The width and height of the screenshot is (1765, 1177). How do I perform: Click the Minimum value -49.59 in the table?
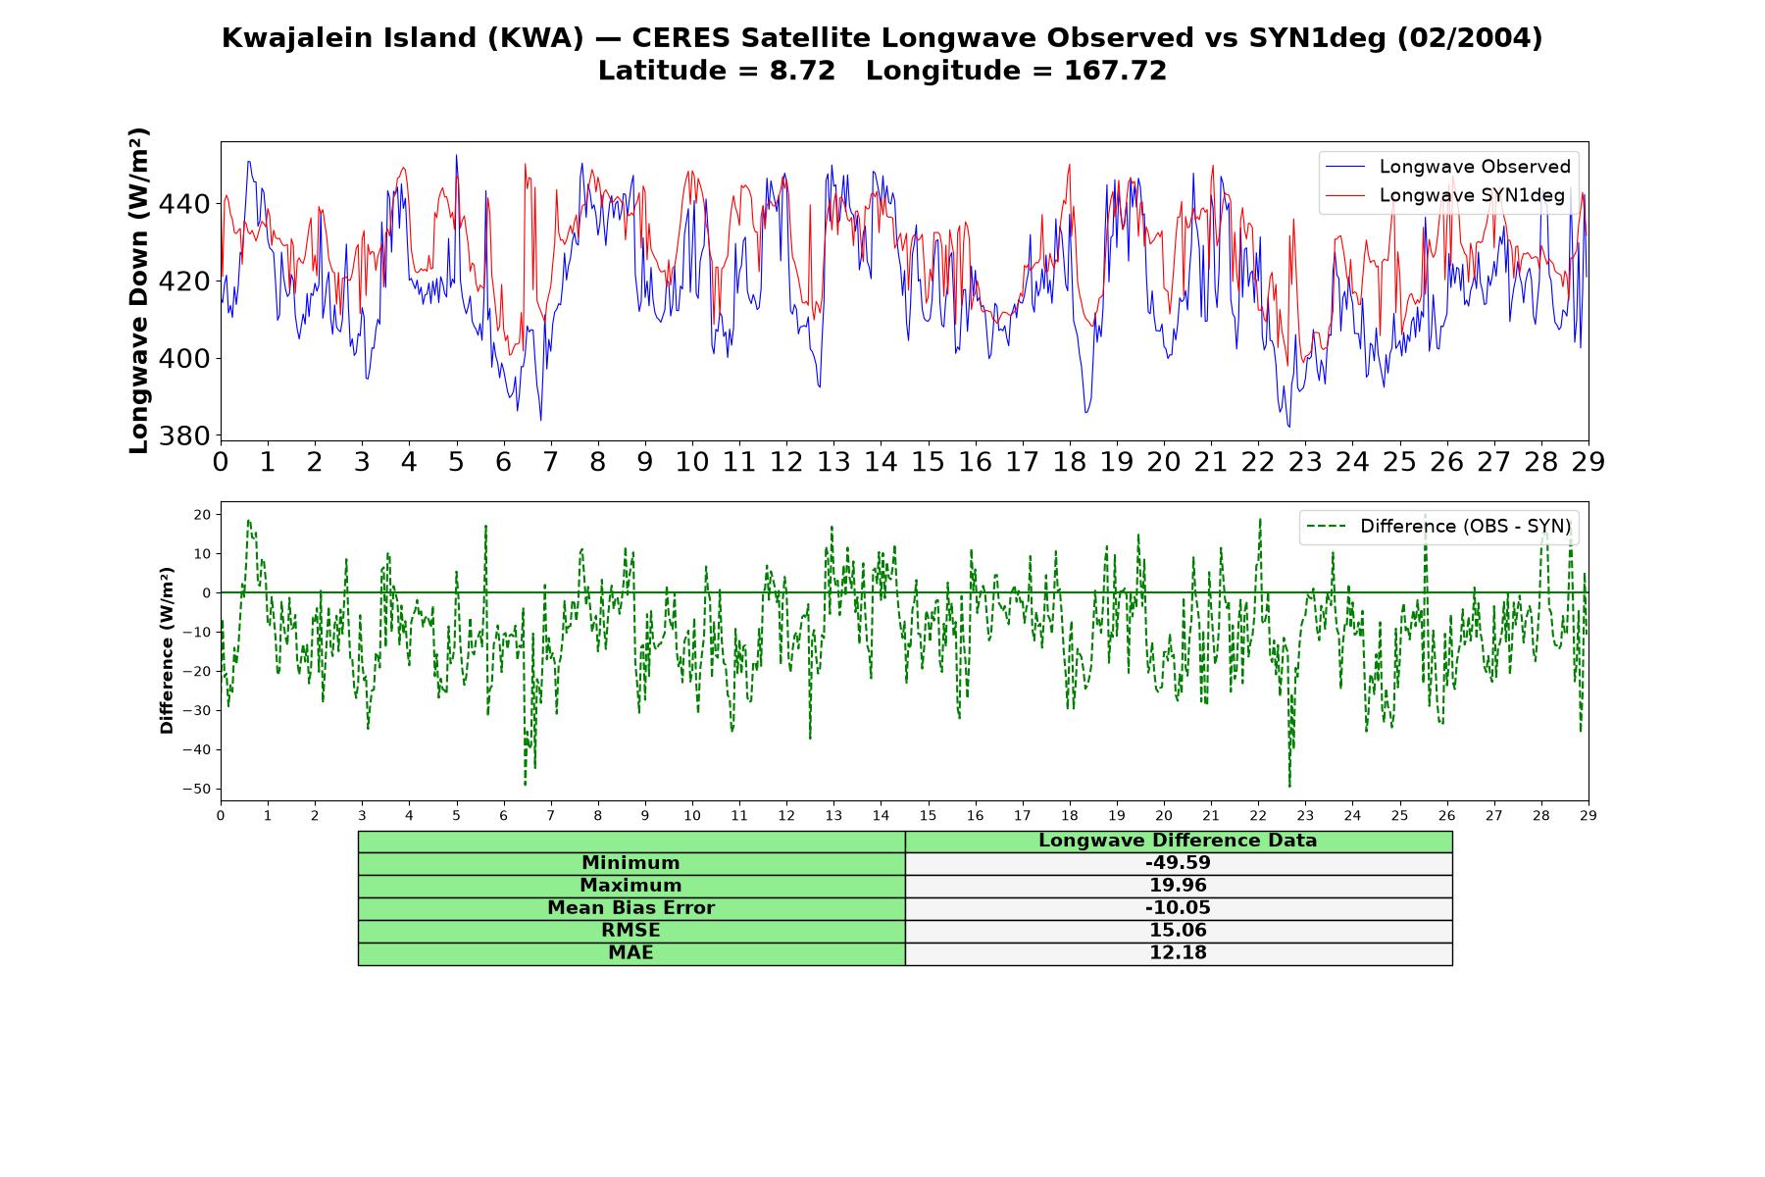1178,863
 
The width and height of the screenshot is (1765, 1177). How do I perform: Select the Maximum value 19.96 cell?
1178,886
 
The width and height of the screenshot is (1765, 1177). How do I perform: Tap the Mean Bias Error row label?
630,908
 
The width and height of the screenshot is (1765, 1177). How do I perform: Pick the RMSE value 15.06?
1178,931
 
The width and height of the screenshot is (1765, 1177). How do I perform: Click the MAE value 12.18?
1178,953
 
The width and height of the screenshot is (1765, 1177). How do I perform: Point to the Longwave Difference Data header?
1178,841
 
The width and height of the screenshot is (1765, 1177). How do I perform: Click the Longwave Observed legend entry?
1447,167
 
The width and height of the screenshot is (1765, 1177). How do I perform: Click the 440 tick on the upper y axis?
184,204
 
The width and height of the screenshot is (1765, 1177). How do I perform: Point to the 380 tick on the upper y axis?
184,435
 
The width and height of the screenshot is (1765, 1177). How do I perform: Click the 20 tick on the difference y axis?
203,515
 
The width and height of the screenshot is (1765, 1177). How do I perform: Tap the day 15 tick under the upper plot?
928,462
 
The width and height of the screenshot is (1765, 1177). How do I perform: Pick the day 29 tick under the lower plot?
1588,816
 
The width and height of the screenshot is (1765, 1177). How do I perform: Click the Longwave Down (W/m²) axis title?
139,290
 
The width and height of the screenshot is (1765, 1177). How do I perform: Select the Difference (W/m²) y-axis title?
167,650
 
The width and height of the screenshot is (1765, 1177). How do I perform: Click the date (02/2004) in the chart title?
1469,38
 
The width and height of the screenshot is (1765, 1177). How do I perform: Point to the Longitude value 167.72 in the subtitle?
1115,71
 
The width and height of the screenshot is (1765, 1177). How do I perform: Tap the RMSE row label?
630,931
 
